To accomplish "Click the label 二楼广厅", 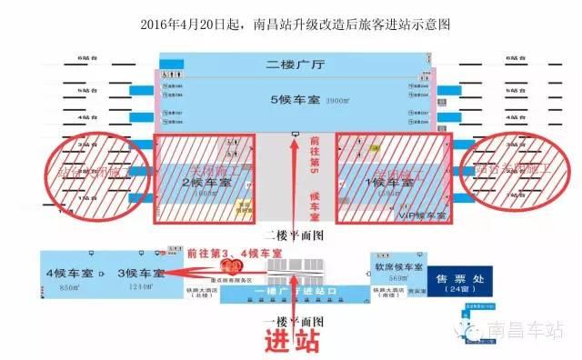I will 294,65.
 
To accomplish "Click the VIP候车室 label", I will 423,217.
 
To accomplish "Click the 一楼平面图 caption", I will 292,321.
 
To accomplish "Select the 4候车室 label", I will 72,272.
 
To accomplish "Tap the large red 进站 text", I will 292,342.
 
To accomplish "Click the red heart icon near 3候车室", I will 233,266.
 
